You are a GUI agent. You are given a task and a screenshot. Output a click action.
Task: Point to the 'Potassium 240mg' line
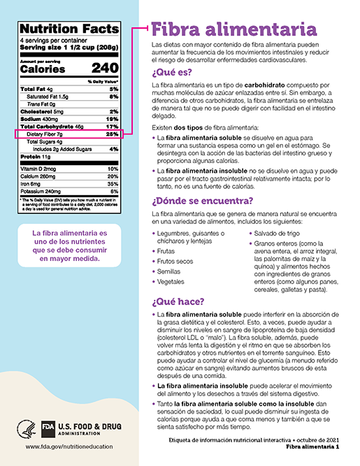(41, 190)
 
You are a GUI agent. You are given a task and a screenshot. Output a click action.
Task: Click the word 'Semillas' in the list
(172, 270)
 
